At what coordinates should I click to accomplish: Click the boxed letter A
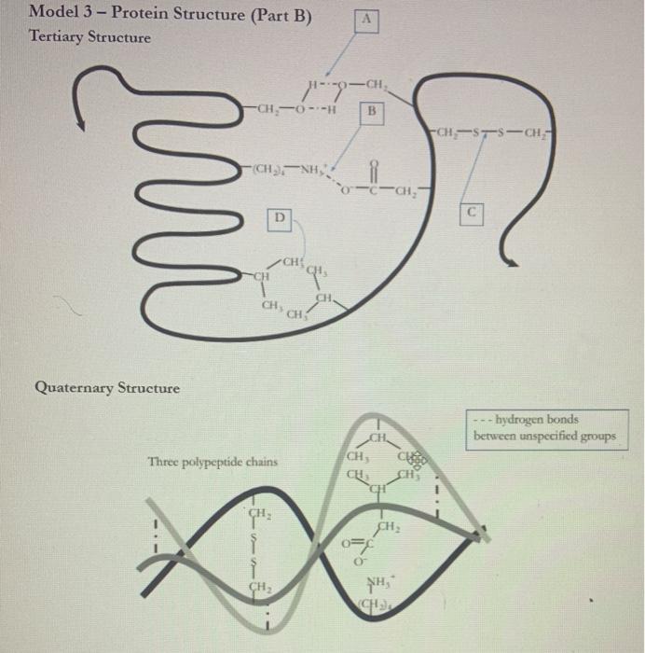pyautogui.click(x=367, y=20)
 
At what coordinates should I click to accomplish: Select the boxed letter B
pyautogui.click(x=371, y=113)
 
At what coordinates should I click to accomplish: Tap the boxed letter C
pyautogui.click(x=473, y=212)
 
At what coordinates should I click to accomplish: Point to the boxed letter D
pyautogui.click(x=277, y=218)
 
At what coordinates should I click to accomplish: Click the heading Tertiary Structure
pyautogui.click(x=89, y=37)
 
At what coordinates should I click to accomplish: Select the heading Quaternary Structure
pyautogui.click(x=107, y=386)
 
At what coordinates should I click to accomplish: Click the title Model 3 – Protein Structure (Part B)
pyautogui.click(x=171, y=15)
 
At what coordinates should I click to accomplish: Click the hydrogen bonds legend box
pyautogui.click(x=544, y=428)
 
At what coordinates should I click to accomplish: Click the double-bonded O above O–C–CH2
pyautogui.click(x=372, y=170)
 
